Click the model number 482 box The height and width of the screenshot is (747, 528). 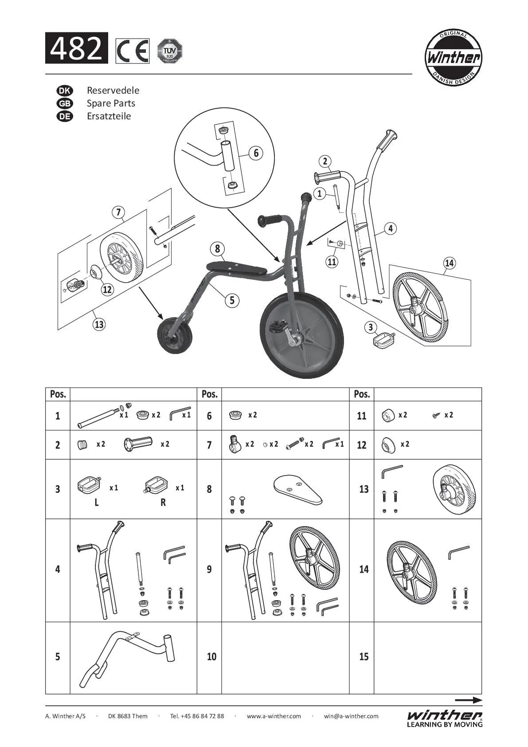coord(76,48)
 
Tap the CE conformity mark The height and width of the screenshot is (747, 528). coord(133,51)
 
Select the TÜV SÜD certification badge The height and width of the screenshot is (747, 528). coord(170,51)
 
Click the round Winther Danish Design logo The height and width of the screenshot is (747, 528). coord(453,58)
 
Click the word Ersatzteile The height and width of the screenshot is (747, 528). coord(109,116)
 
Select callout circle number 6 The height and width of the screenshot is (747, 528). coord(256,153)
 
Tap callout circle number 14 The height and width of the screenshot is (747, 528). coord(450,263)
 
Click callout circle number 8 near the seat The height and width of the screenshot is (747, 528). coord(217,248)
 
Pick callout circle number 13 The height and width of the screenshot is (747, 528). coord(98,324)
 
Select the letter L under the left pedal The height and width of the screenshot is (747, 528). coord(97,503)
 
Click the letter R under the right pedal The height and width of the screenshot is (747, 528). coord(163,503)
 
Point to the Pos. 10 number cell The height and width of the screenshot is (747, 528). coord(211,657)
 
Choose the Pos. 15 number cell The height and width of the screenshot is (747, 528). coord(364,657)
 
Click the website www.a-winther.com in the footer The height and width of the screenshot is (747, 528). coord(274,716)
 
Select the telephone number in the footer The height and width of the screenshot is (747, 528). coord(197,716)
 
